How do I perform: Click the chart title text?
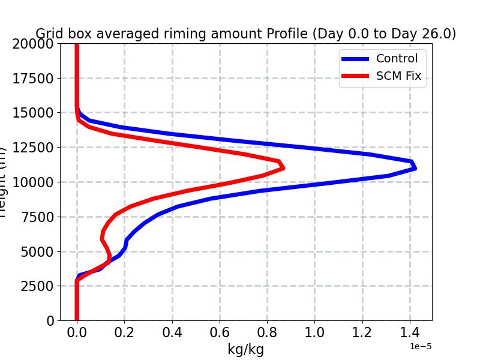tap(245, 34)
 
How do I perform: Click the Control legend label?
tap(397, 58)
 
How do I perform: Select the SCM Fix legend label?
tap(398, 76)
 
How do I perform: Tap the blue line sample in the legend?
tap(355, 59)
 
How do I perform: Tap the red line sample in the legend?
tap(355, 77)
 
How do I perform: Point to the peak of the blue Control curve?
tap(415, 168)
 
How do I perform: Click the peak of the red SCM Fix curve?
tap(283, 168)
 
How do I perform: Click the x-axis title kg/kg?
tap(245, 349)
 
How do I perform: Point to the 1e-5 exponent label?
tap(421, 346)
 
